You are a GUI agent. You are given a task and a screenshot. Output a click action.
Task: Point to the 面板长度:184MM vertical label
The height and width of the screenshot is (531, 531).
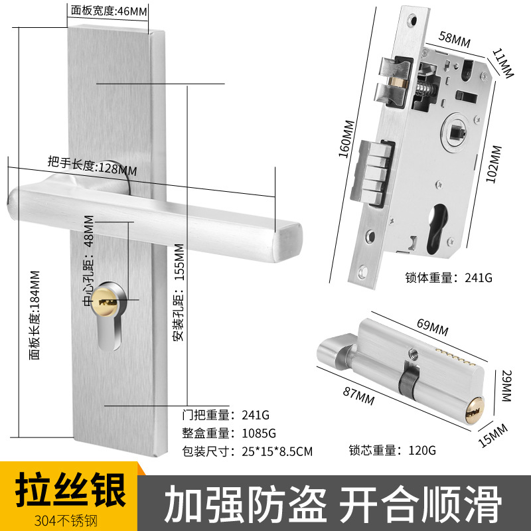(34, 315)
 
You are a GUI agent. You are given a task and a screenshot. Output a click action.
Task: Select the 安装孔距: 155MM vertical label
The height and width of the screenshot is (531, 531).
(178, 293)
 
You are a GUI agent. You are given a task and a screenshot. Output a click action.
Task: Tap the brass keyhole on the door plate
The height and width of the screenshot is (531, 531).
(109, 301)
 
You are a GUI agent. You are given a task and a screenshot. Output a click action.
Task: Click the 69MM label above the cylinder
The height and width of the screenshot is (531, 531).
(432, 325)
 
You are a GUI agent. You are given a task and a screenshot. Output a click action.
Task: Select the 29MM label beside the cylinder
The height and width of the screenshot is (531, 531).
(506, 386)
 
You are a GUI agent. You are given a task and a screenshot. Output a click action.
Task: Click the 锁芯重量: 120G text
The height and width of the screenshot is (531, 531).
(392, 450)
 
